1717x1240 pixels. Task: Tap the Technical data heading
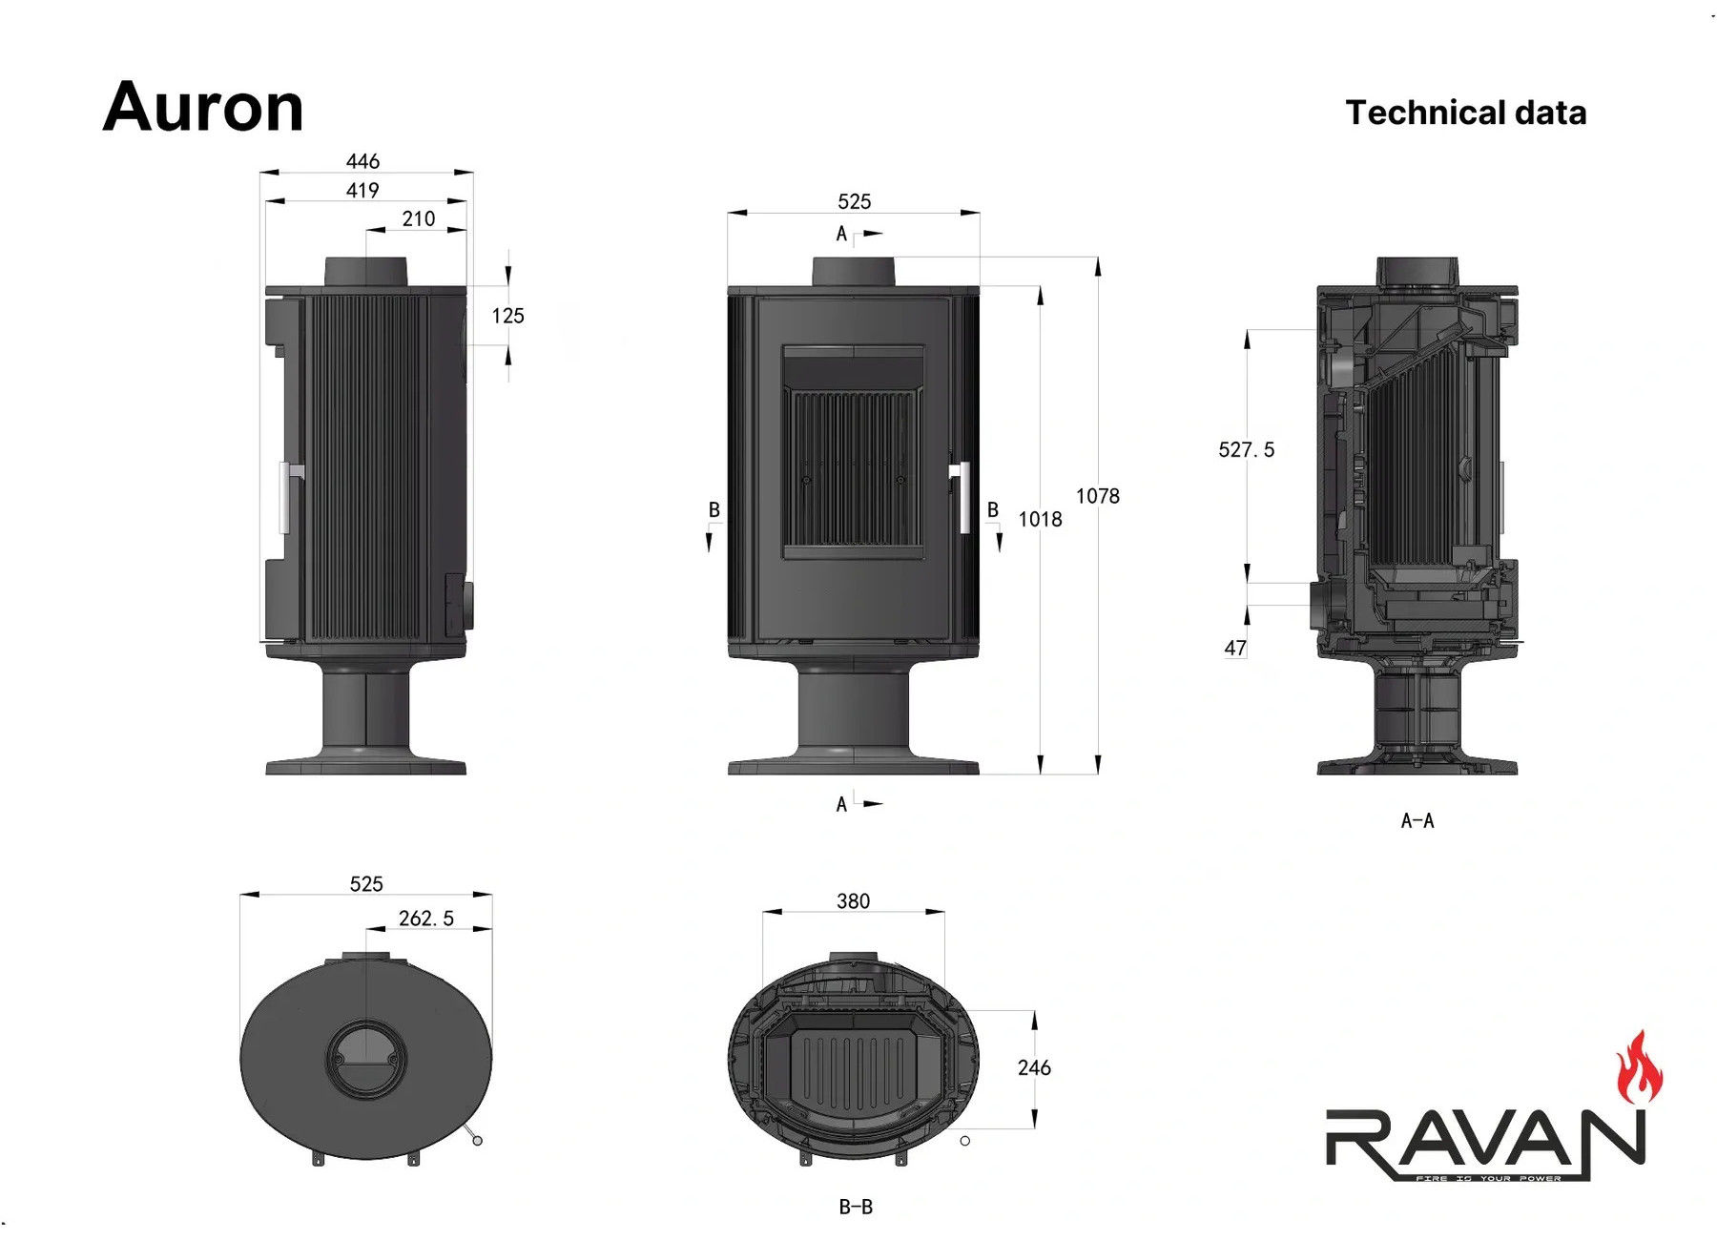point(1466,113)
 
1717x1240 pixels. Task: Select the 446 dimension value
point(362,161)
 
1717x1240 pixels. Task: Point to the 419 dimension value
point(362,190)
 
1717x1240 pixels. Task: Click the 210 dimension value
point(419,218)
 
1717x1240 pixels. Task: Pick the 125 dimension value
point(508,316)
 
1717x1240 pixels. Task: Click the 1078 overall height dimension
point(1098,496)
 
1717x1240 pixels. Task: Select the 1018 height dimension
point(1040,519)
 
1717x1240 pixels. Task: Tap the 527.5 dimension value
point(1247,449)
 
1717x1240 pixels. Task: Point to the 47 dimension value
point(1235,648)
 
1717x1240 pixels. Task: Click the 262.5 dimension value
point(426,918)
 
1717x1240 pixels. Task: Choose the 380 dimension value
point(853,901)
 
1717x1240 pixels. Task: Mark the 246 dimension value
point(1034,1067)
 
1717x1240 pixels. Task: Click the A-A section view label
point(1417,820)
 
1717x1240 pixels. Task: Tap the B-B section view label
point(856,1207)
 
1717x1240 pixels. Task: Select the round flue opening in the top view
point(366,1059)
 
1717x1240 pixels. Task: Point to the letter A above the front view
point(841,234)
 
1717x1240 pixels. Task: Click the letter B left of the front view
point(714,509)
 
